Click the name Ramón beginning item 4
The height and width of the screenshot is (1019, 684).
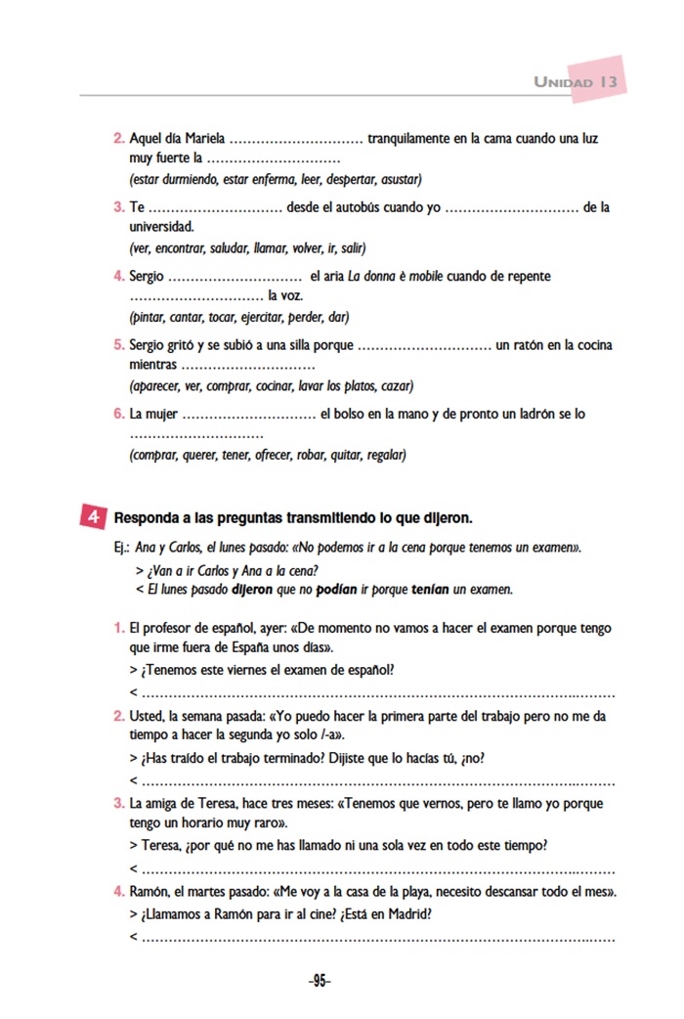tap(150, 892)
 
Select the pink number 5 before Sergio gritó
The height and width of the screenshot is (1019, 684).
tap(119, 345)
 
